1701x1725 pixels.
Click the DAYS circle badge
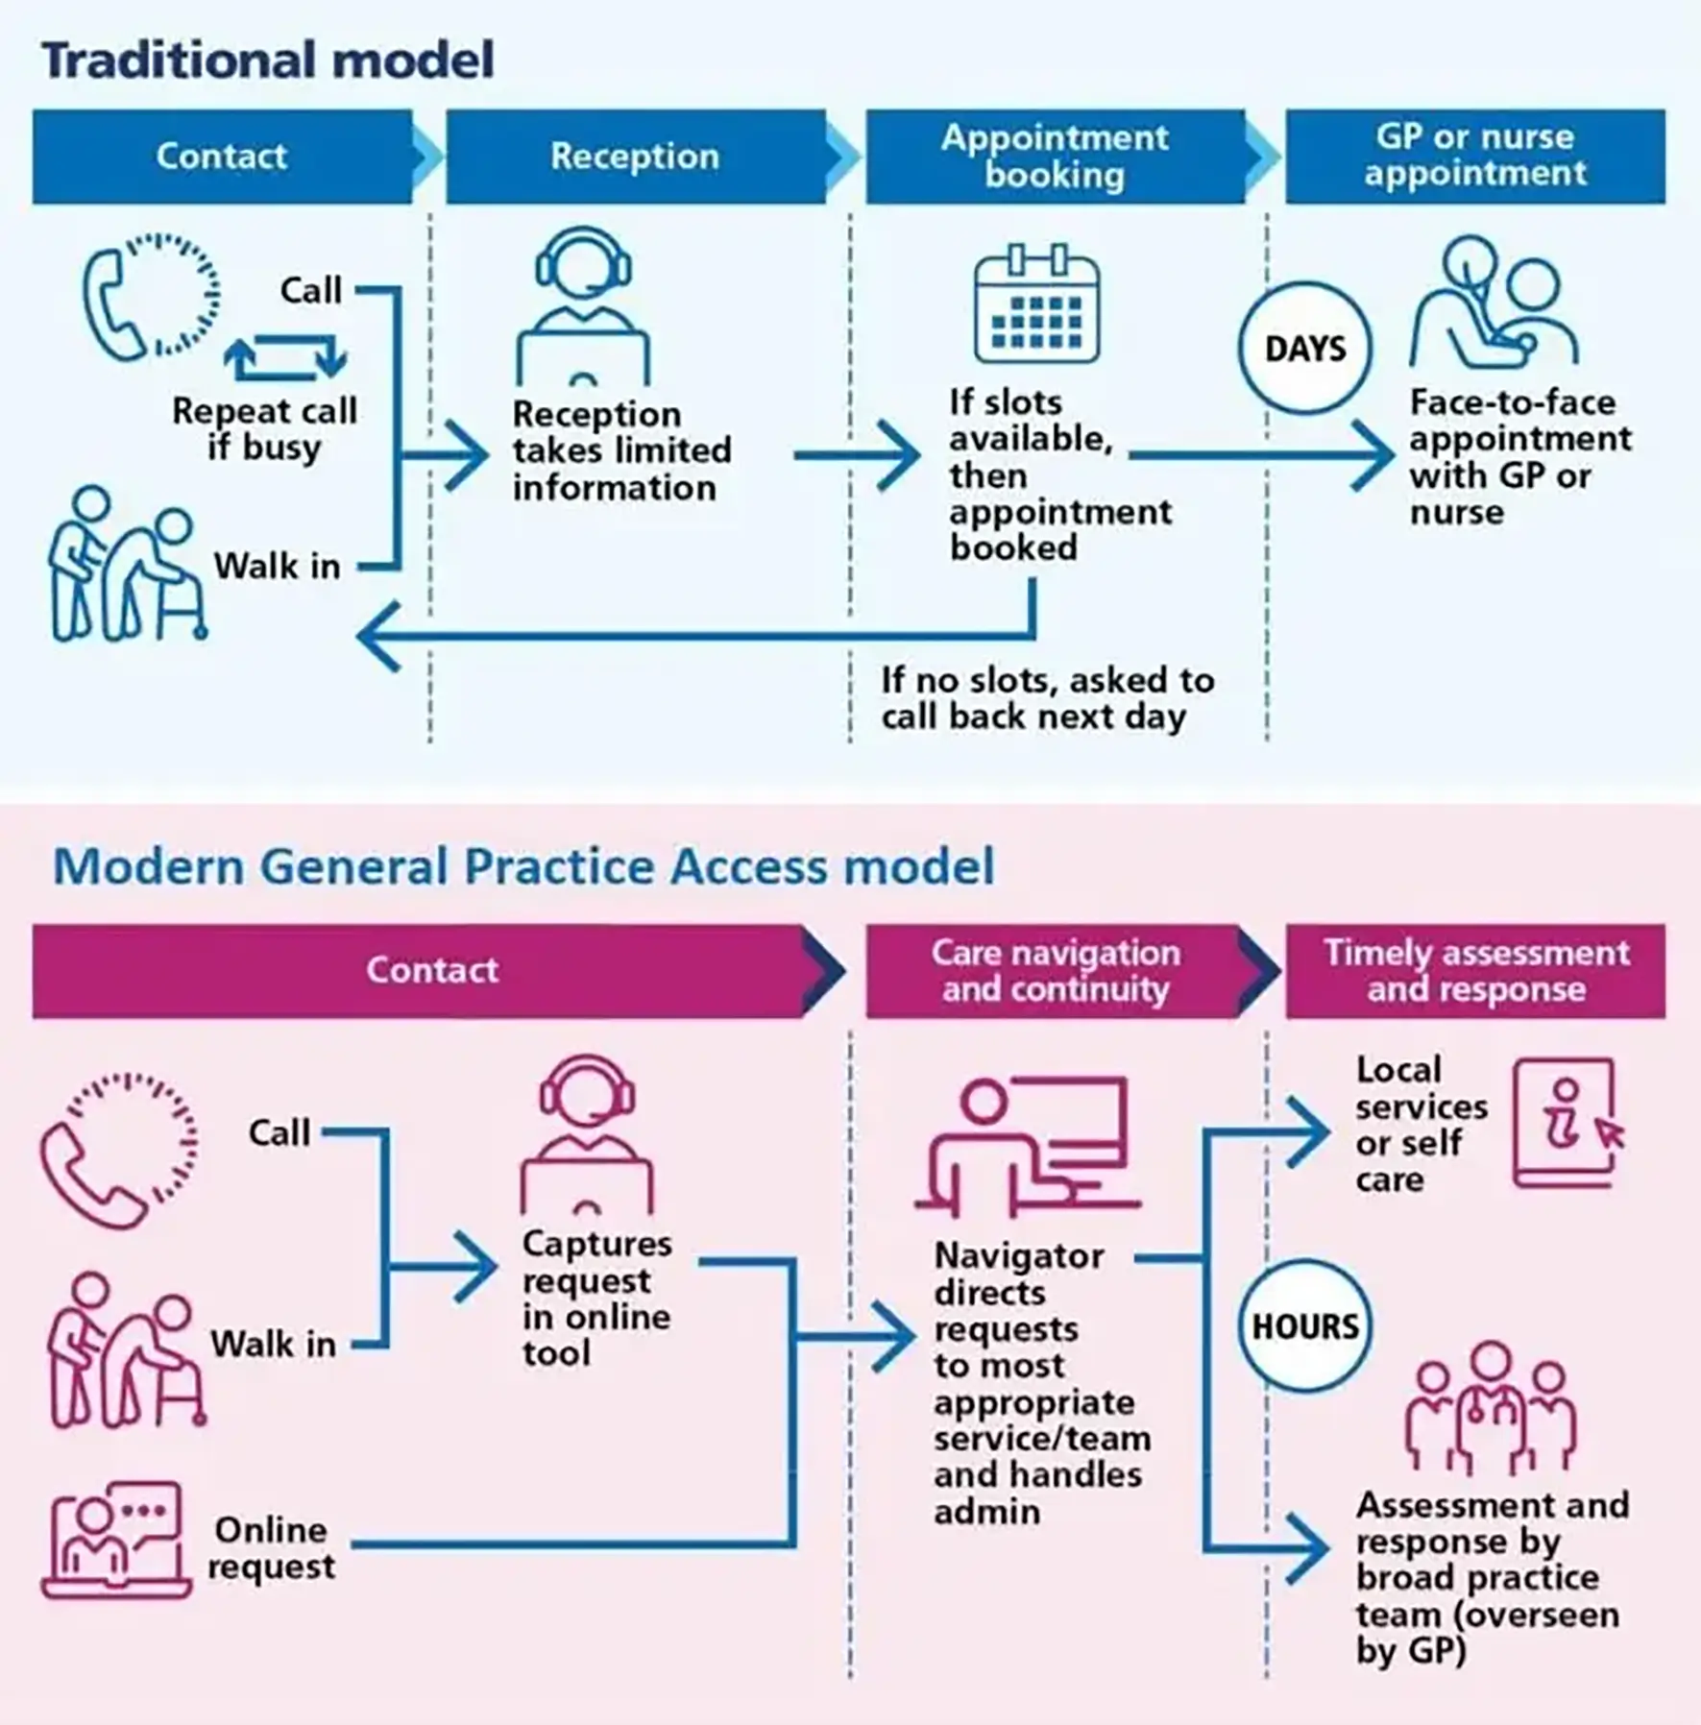point(1305,348)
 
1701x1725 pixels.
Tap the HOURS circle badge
point(1305,1325)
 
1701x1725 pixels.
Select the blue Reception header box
point(636,157)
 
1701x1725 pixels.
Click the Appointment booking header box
point(1056,157)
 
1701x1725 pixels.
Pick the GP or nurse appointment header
point(1475,157)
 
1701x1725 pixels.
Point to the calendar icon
point(1037,304)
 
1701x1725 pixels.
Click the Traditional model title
point(268,60)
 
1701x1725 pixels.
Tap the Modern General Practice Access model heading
point(523,866)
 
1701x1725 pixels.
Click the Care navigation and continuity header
point(1056,971)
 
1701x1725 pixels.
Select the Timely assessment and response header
point(1475,971)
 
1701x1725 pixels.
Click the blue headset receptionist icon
point(583,305)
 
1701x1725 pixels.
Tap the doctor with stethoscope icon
point(1494,304)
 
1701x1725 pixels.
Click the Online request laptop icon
point(115,1541)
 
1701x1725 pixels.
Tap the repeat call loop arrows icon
point(285,357)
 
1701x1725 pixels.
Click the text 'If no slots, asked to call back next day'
point(1048,698)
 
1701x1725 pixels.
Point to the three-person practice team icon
point(1490,1408)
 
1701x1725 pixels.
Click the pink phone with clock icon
point(119,1151)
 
